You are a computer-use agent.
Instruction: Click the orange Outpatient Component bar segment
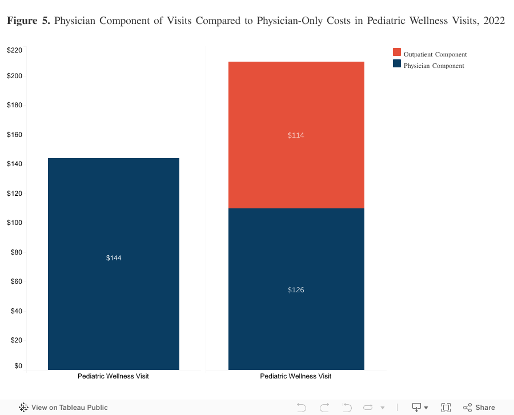click(x=296, y=160)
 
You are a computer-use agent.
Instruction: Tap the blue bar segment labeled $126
click(x=296, y=320)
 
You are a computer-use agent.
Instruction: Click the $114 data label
click(x=296, y=135)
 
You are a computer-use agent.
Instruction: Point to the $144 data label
click(x=114, y=258)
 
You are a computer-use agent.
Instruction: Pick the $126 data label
click(x=296, y=290)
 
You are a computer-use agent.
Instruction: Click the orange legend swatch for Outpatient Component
click(x=397, y=53)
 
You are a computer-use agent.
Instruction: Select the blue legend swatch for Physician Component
click(x=397, y=64)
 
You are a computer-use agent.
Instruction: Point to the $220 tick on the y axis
click(x=15, y=50)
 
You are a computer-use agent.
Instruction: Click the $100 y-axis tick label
click(x=15, y=223)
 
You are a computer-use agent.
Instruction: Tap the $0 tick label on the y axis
click(x=18, y=366)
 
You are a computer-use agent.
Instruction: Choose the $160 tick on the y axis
click(x=15, y=135)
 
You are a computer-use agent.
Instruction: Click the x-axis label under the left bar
click(x=113, y=376)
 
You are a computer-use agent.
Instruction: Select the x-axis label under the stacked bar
click(x=295, y=376)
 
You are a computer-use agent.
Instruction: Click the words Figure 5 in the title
click(x=29, y=21)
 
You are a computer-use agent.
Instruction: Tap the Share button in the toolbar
click(x=479, y=408)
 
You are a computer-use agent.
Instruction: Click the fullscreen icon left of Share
click(x=446, y=408)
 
